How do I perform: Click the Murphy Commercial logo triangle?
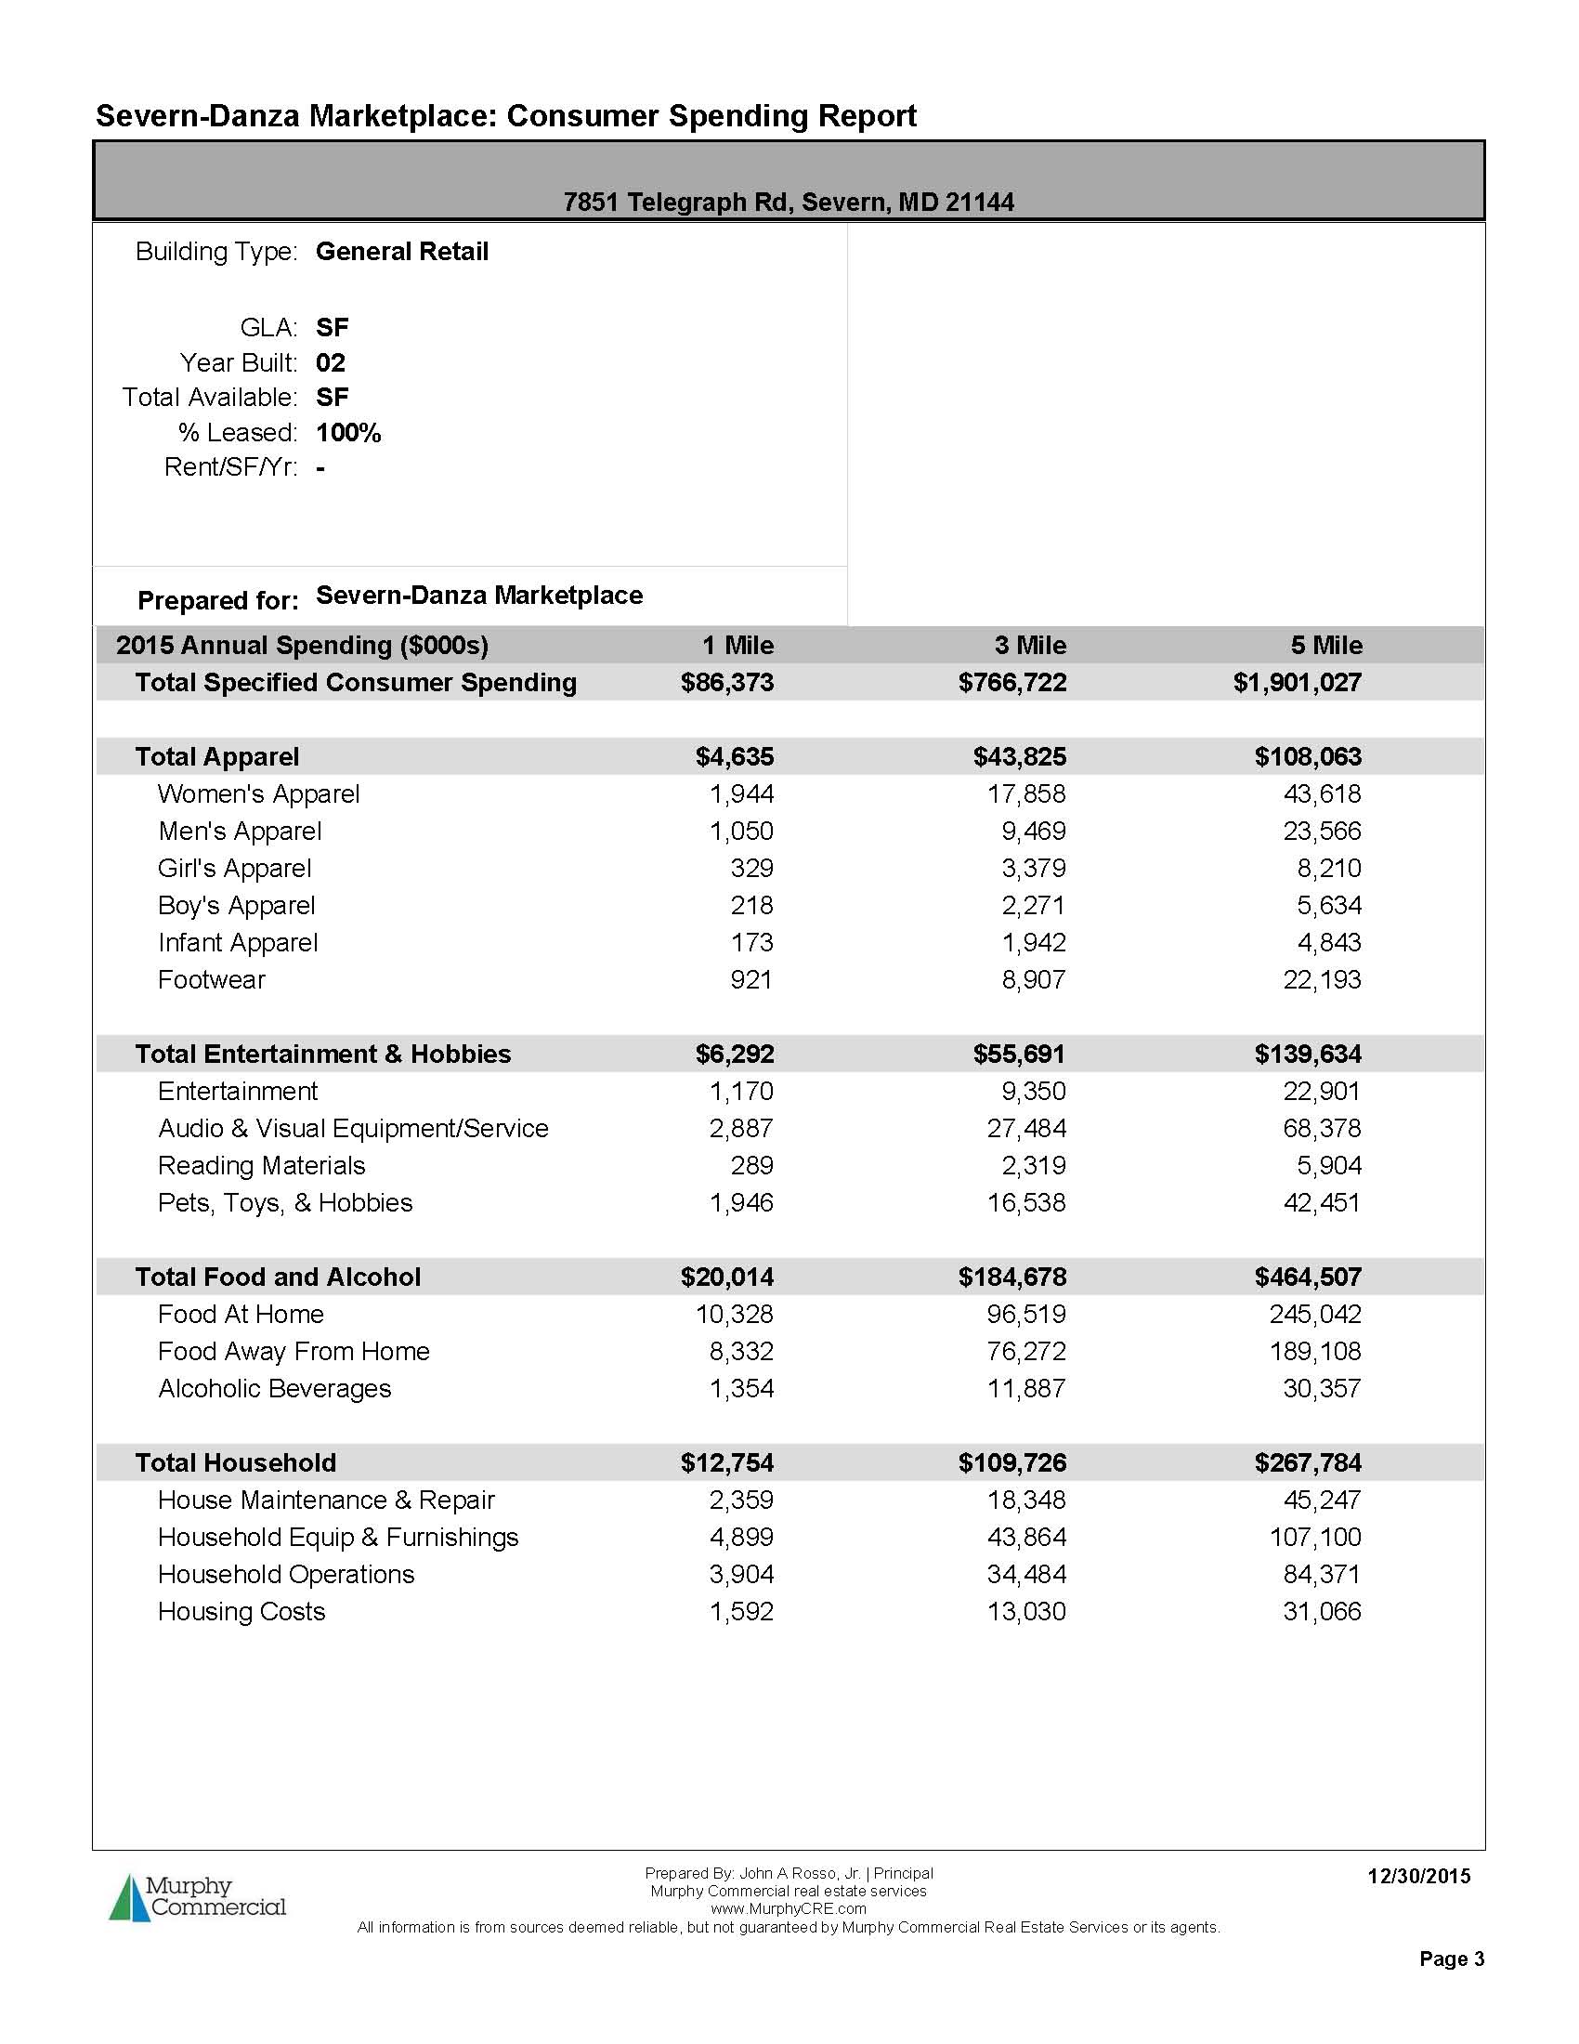coord(129,1898)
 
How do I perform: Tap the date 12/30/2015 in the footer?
coord(1418,1877)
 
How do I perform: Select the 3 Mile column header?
coord(1030,645)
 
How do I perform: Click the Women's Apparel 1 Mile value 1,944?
coord(742,793)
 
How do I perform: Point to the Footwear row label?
coord(212,980)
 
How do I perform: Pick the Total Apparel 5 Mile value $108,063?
coord(1308,756)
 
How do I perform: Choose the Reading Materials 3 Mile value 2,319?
coord(1034,1165)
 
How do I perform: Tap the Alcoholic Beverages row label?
coord(274,1389)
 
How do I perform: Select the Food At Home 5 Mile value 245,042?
coord(1315,1314)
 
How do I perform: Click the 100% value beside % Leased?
coord(348,432)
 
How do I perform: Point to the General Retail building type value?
coord(402,252)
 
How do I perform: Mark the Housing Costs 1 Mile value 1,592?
coord(742,1612)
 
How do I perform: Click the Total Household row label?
coord(235,1462)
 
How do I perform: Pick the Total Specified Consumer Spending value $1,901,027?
coord(1297,682)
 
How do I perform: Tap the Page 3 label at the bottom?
coord(1451,1959)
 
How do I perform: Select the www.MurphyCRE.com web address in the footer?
coord(788,1908)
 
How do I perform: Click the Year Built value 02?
coord(331,362)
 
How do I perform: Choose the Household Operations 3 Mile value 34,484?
coord(1026,1574)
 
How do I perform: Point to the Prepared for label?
coord(218,600)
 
